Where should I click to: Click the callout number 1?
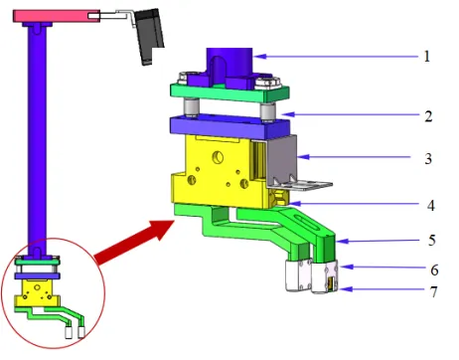[426, 56]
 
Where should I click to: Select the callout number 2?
[427, 116]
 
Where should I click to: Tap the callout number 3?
[427, 157]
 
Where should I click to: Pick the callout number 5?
[427, 241]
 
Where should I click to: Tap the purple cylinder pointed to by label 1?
[229, 65]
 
